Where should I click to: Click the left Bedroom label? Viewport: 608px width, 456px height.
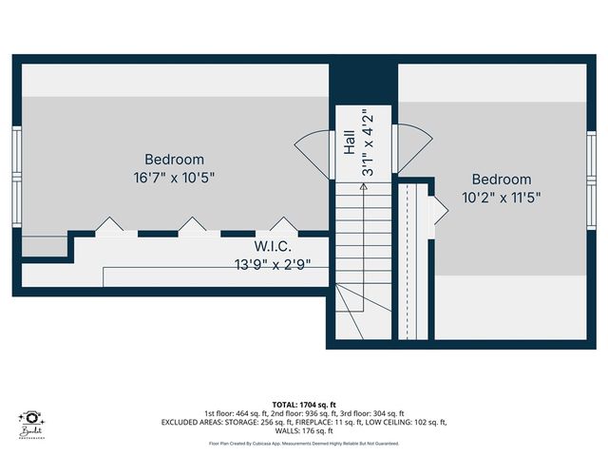pyautogui.click(x=174, y=160)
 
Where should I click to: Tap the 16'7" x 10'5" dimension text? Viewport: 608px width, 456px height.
pyautogui.click(x=174, y=177)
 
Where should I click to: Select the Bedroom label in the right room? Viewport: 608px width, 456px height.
pyautogui.click(x=502, y=180)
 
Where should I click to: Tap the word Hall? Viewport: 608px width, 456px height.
pyautogui.click(x=349, y=143)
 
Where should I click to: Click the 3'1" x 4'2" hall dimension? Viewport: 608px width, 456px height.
pyautogui.click(x=367, y=144)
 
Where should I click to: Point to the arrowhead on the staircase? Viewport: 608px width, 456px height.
pyautogui.click(x=362, y=188)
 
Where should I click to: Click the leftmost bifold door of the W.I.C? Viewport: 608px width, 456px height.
pyautogui.click(x=108, y=226)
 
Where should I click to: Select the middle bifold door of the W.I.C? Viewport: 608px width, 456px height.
pyautogui.click(x=193, y=226)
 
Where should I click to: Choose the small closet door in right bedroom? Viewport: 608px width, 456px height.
pyautogui.click(x=440, y=210)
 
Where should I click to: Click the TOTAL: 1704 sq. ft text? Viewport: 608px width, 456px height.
pyautogui.click(x=303, y=403)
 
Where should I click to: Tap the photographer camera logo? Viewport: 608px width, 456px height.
pyautogui.click(x=32, y=419)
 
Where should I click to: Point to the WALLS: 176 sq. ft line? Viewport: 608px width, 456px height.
pyautogui.click(x=303, y=431)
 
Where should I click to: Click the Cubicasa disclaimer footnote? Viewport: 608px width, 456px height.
pyautogui.click(x=303, y=444)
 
